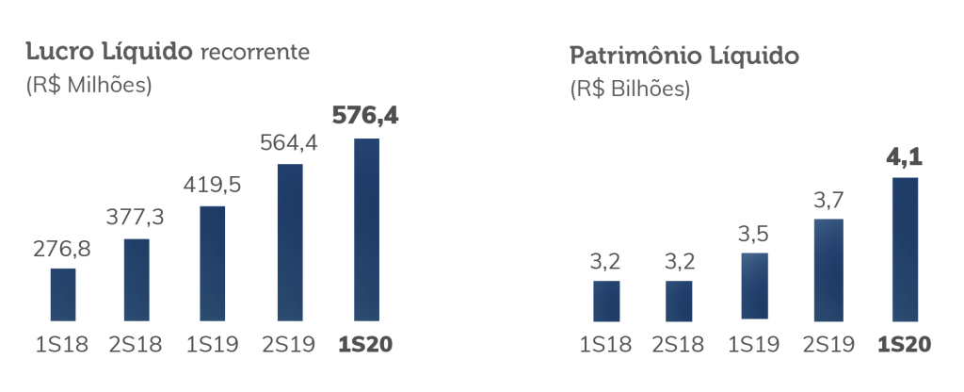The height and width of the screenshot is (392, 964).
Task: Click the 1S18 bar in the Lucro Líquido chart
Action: point(63,295)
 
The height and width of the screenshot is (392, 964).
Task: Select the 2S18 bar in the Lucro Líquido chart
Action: point(137,280)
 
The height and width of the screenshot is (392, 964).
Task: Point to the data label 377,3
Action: point(137,220)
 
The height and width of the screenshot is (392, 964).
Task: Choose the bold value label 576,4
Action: point(365,117)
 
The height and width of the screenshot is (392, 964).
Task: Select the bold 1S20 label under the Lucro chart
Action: point(365,344)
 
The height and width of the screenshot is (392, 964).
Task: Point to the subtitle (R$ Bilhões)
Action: point(630,91)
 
